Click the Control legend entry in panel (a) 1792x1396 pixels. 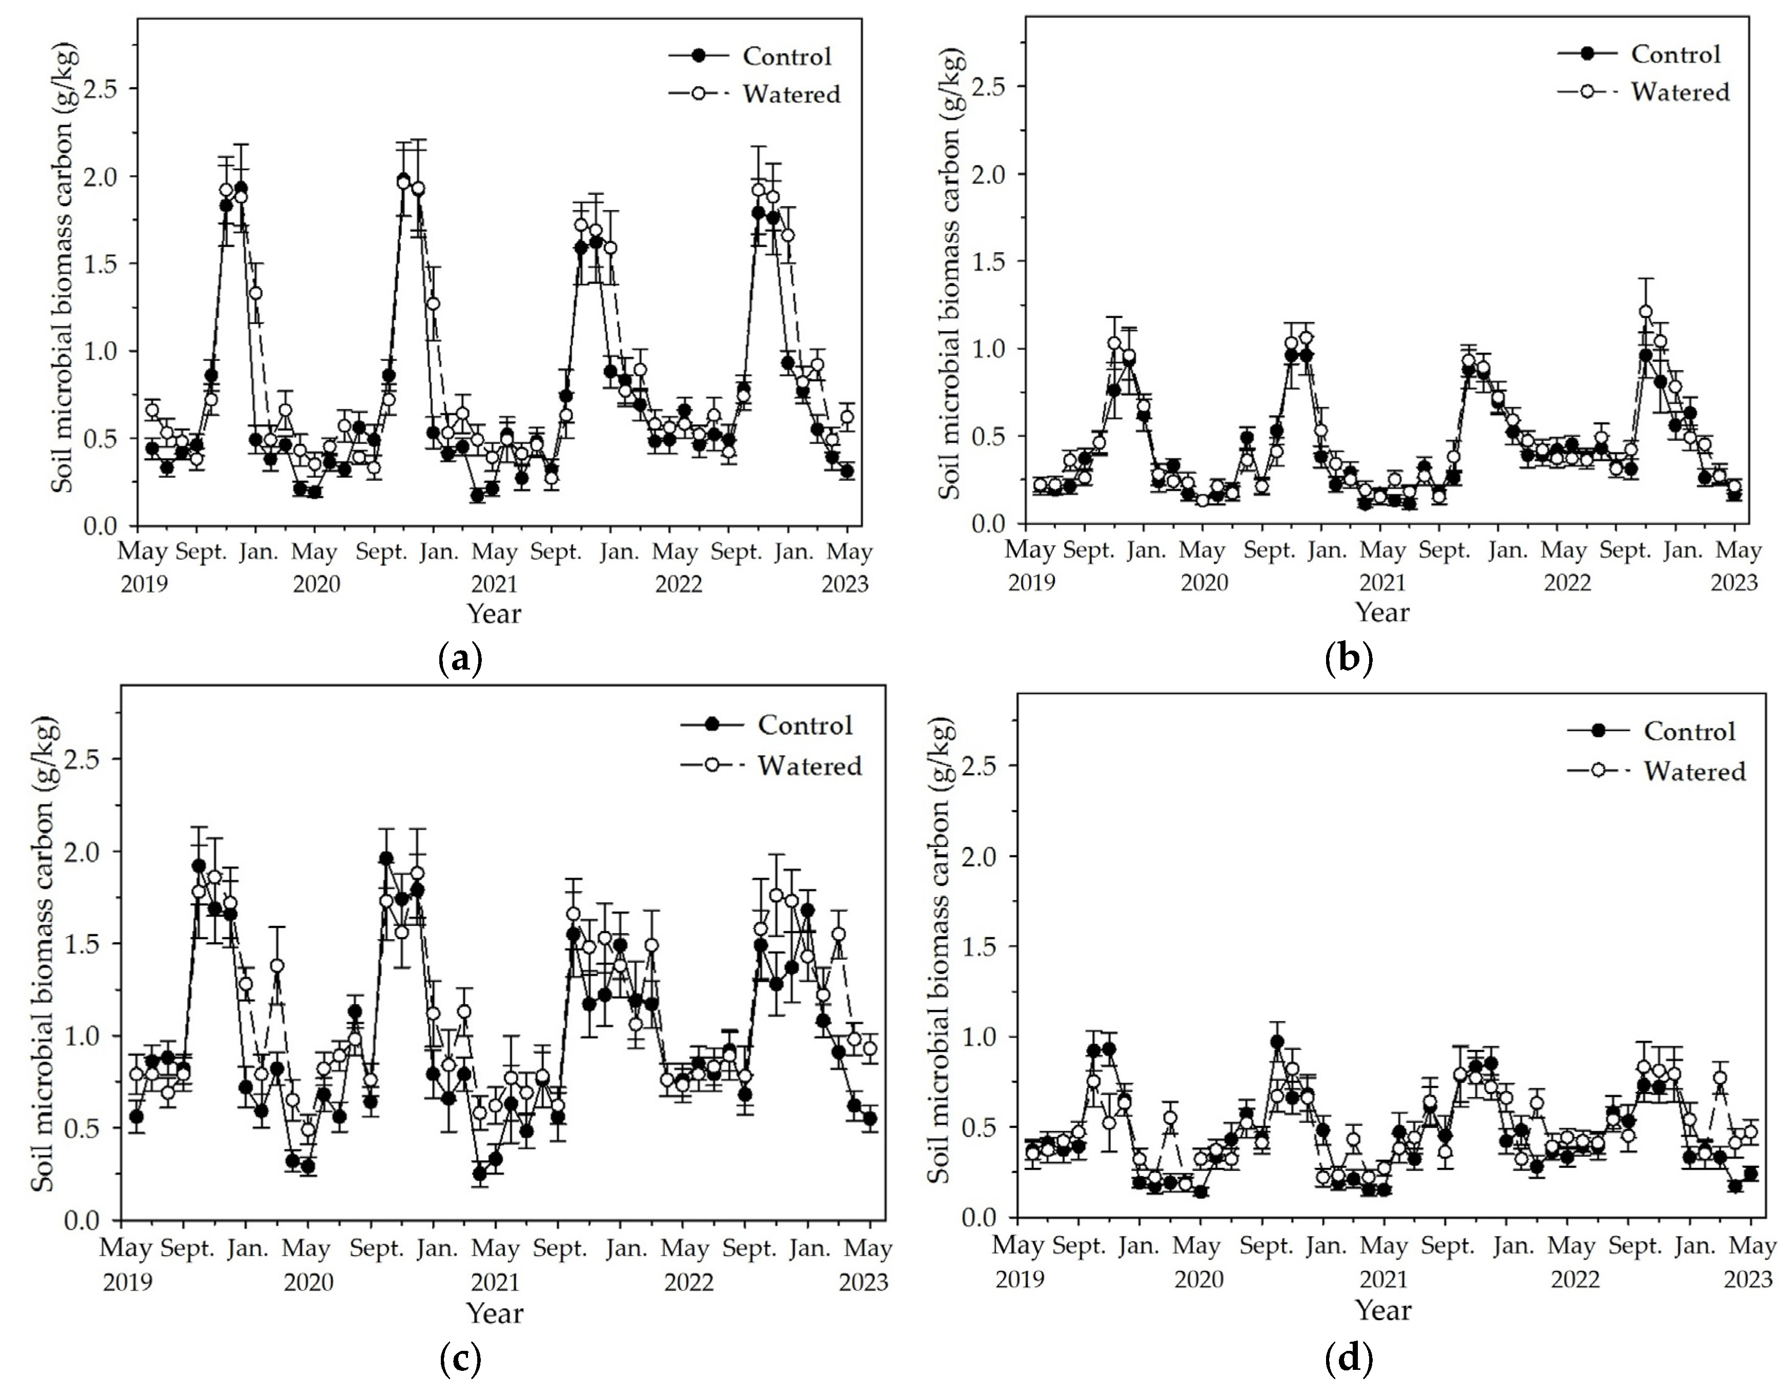pos(786,56)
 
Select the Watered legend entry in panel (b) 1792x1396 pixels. pos(1679,92)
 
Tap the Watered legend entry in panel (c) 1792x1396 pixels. pos(809,766)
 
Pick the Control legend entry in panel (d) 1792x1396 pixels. pos(1688,731)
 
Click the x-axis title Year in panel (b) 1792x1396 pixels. pos(1382,612)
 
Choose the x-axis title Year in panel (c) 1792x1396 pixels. pos(494,1313)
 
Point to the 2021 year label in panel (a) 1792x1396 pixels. pos(494,584)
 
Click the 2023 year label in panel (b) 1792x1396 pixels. pos(1734,583)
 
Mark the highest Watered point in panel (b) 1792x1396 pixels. pos(1645,312)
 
